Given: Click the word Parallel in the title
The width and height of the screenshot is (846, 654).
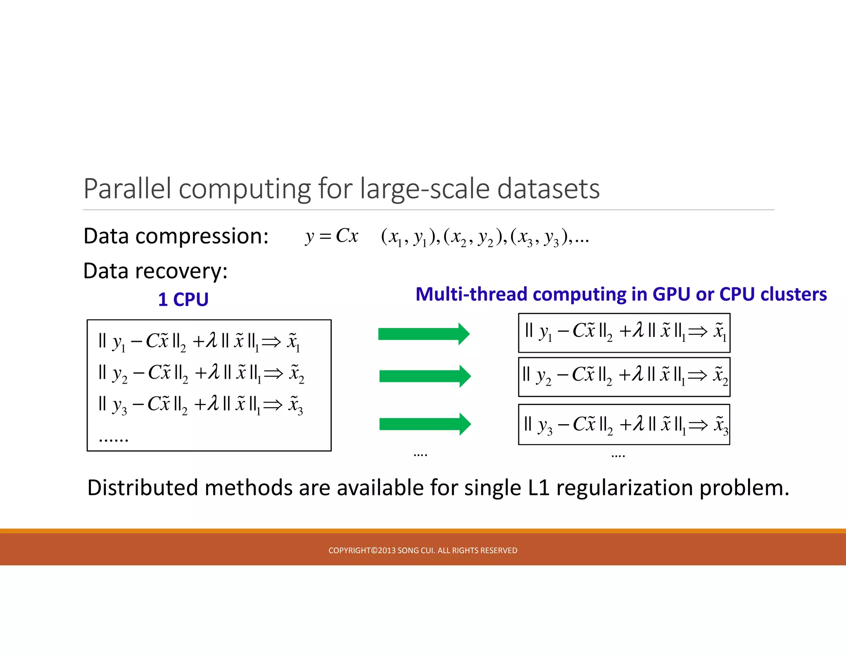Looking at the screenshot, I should (127, 189).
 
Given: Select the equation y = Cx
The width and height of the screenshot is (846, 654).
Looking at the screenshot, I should (332, 236).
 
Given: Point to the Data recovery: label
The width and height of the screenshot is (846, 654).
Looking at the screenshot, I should (155, 271).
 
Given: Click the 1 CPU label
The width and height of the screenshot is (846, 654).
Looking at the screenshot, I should (183, 299).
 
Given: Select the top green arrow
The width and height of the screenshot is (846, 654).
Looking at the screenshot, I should (423, 334).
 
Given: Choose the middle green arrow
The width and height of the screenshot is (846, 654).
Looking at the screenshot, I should (425, 376).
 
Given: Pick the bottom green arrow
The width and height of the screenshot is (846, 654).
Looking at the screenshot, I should (425, 424).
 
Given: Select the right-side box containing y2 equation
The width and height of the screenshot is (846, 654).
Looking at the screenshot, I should (624, 377).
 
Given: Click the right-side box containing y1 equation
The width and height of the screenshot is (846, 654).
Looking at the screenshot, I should (624, 333).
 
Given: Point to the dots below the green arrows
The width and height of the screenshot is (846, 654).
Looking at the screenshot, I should (420, 455).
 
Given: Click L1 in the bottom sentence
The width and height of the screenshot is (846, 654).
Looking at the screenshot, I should (538, 488).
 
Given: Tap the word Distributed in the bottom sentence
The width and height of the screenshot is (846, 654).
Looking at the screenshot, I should (143, 488).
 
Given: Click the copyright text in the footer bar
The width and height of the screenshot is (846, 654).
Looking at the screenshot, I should (423, 550).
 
